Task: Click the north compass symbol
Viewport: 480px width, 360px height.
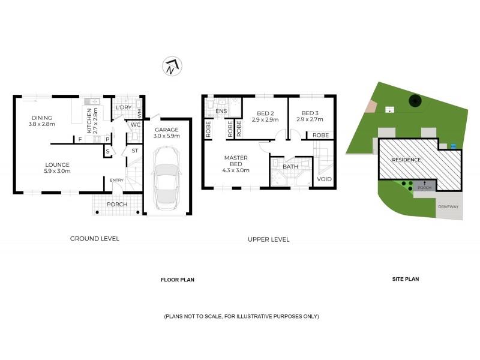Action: point(173,67)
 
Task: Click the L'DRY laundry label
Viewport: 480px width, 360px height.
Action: point(124,107)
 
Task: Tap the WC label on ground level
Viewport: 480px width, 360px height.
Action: point(136,125)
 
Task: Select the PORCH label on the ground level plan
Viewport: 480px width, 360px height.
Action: point(116,204)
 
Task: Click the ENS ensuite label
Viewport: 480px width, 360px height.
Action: point(221,112)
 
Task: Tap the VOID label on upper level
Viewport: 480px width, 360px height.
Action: point(324,179)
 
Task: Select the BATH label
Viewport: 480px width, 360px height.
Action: point(290,167)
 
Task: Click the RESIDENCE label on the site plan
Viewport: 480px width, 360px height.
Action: point(407,160)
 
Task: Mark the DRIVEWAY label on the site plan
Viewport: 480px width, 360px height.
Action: point(448,206)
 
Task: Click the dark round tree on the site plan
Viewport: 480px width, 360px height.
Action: point(413,101)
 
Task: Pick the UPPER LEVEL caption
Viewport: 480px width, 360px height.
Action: point(268,239)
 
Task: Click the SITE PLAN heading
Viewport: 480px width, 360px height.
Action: point(405,279)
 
